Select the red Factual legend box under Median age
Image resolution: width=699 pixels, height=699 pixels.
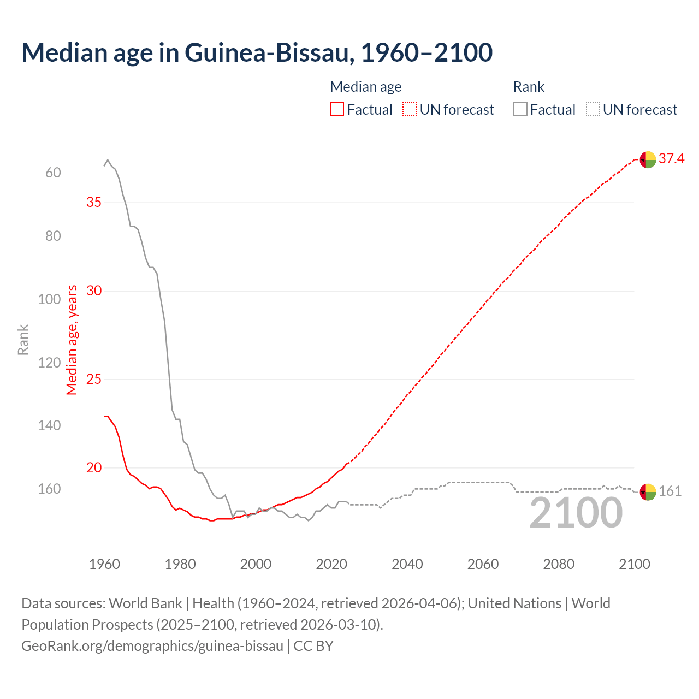click(337, 110)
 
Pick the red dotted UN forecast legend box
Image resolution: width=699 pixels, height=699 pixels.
click(409, 110)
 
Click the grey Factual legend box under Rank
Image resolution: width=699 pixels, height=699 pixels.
click(520, 110)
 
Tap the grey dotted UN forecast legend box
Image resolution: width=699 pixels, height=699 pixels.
click(593, 110)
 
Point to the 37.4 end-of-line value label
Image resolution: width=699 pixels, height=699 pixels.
click(671, 159)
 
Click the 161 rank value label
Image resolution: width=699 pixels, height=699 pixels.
click(670, 491)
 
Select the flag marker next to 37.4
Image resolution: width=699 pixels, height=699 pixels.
click(648, 160)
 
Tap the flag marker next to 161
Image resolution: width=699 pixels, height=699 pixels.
click(648, 492)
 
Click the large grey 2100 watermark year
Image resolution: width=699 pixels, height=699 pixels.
click(576, 513)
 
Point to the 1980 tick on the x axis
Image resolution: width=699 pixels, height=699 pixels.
click(180, 564)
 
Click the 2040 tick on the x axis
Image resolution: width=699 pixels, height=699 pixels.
click(407, 564)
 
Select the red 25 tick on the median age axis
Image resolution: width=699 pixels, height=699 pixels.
click(94, 379)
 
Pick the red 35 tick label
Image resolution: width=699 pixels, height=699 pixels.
click(94, 202)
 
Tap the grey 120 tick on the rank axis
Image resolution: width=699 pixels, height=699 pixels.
click(49, 363)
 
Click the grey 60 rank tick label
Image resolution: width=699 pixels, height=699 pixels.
click(53, 173)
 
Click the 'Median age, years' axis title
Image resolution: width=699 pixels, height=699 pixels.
click(72, 340)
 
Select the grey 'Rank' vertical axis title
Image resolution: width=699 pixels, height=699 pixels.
click(23, 340)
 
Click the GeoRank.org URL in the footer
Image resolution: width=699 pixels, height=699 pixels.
click(152, 646)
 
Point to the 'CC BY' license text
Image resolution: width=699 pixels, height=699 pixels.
click(313, 646)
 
